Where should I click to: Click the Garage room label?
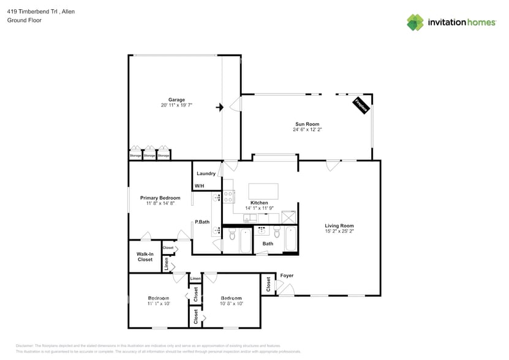tap(176, 99)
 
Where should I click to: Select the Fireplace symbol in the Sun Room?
tap(361, 105)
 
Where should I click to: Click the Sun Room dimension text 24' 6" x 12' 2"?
tap(307, 130)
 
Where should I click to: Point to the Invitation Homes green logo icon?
tap(415, 22)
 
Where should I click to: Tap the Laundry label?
tap(206, 173)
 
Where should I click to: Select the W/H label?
tap(199, 186)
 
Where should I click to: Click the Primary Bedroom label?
tap(160, 198)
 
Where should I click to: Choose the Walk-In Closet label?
tap(145, 257)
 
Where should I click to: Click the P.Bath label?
tap(202, 222)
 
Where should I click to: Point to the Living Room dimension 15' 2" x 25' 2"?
tap(339, 231)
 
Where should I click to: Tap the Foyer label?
tap(287, 276)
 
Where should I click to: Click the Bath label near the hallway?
tap(268, 244)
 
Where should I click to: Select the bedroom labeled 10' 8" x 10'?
tap(232, 303)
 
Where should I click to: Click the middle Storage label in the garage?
tap(149, 156)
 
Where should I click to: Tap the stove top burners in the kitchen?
tap(228, 197)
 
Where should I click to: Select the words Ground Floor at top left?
tap(22, 20)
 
